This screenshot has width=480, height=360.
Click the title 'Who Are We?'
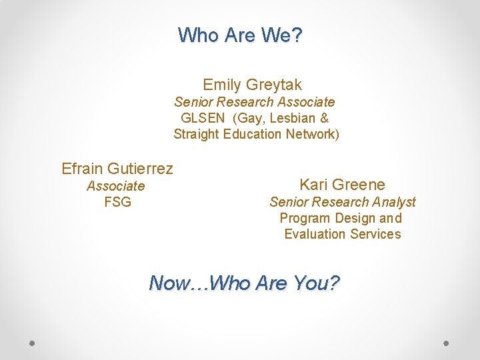240,35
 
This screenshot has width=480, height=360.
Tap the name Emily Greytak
252,85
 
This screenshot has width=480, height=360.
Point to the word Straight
196,134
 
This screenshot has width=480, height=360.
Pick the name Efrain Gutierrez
117,169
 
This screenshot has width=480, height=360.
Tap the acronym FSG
117,202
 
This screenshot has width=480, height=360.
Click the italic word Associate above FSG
115,186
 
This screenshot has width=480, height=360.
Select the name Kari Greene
342,185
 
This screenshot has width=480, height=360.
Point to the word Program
301,218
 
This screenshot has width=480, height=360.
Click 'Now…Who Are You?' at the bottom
244,283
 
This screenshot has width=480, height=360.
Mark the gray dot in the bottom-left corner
33,343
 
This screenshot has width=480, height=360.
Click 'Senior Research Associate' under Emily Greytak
254,102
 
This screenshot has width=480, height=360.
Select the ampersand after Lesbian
324,118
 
